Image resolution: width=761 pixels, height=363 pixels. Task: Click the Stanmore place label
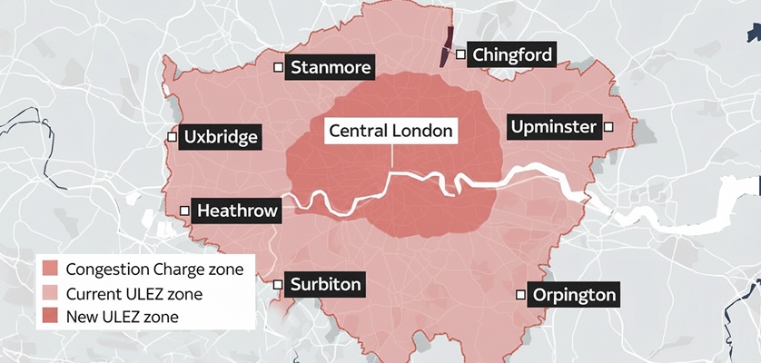pos(331,68)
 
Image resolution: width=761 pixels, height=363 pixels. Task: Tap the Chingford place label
pos(511,55)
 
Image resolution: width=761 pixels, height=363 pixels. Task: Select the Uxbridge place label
pos(221,137)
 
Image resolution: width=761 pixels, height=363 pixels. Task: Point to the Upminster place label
pos(553,127)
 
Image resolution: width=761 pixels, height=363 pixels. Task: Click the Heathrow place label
pos(236,211)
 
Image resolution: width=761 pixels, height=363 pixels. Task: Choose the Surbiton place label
pos(325,285)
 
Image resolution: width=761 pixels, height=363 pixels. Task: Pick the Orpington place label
pos(574,295)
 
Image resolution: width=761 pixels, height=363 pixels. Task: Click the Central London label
pos(390,131)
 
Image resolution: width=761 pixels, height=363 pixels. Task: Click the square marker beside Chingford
pos(461,55)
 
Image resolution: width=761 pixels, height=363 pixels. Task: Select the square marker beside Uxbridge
pos(172,137)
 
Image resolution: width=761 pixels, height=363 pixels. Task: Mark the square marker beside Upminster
pos(609,127)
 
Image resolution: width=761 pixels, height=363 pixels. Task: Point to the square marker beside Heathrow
pos(184,211)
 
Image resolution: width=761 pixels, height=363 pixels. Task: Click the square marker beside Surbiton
pos(278,284)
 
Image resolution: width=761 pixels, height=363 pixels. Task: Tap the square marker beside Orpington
pos(520,294)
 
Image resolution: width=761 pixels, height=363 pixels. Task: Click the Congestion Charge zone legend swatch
pos(50,270)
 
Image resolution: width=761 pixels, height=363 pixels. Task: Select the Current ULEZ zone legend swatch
pos(50,293)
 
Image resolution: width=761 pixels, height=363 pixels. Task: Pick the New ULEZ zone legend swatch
pos(50,317)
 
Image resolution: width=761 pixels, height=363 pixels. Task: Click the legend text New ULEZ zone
pos(123,317)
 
